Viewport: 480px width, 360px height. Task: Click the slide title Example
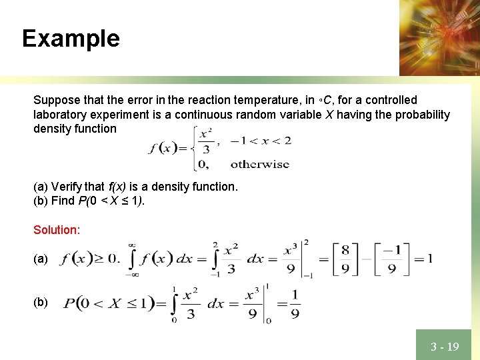(x=71, y=38)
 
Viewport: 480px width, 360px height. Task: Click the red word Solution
(x=57, y=230)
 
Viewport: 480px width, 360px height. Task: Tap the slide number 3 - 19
(x=445, y=347)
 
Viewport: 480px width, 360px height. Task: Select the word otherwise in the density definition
(x=260, y=163)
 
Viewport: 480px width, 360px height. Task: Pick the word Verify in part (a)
(x=67, y=187)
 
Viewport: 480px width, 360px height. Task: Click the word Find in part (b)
(x=64, y=201)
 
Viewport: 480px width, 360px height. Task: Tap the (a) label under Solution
(x=41, y=259)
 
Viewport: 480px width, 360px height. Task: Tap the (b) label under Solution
(x=41, y=302)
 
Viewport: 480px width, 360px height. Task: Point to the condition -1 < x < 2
(x=261, y=141)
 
